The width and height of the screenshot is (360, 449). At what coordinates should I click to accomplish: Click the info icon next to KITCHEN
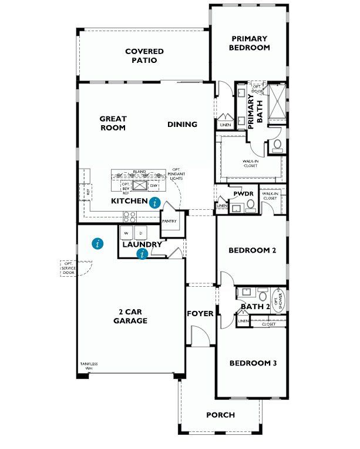coord(154,203)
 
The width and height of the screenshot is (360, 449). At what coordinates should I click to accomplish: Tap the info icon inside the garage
coord(98,243)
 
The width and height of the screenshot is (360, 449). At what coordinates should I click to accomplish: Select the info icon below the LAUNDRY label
coord(142,254)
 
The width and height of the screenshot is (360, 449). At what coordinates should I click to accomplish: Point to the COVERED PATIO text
coord(144,56)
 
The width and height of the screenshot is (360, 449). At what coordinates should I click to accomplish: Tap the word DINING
coord(182,125)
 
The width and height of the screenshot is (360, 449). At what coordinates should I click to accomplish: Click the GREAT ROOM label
coord(113,123)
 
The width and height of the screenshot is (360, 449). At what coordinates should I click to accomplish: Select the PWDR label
coord(243,193)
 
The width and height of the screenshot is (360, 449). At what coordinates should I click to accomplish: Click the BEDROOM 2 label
coord(253,250)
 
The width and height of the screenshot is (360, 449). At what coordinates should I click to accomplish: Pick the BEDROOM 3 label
coord(253,363)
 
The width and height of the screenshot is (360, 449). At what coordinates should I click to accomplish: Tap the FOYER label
coord(200,314)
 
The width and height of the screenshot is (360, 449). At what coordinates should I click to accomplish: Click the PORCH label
coord(221,415)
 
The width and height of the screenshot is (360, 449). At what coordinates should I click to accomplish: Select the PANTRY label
coord(170,222)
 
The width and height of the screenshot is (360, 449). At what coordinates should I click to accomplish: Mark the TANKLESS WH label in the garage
coord(89,366)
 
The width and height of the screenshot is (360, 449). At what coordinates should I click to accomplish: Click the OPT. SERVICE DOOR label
coord(69,268)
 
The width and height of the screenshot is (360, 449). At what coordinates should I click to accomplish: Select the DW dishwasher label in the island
coord(154,186)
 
